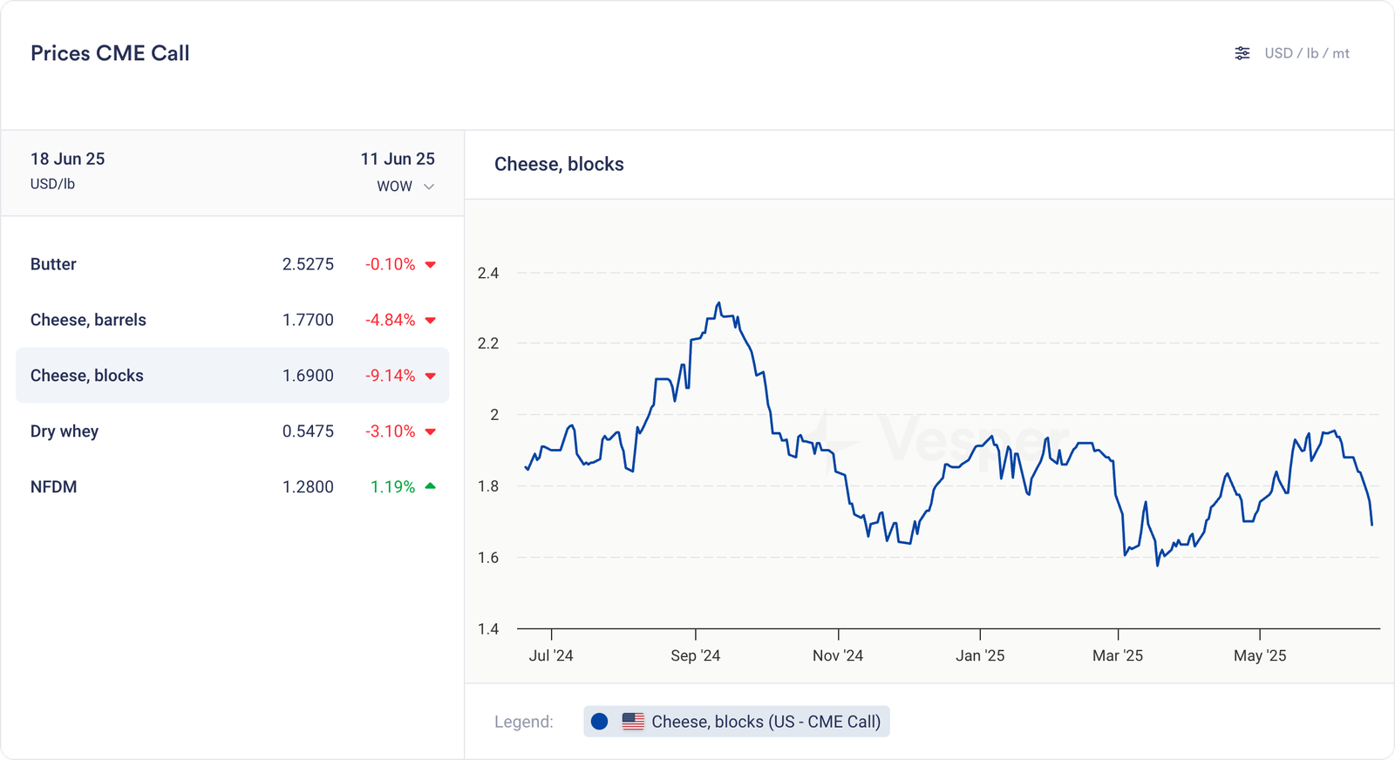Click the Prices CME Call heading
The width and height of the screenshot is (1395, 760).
coord(110,53)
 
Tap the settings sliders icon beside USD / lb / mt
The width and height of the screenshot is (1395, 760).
coord(1242,53)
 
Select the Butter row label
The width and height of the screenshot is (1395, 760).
coord(53,264)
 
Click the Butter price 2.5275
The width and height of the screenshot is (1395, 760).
coord(308,264)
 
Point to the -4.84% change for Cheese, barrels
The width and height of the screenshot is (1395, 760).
coord(390,320)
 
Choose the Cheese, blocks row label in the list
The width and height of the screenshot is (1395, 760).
coord(87,376)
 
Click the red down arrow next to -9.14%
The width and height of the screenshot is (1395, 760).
coord(430,376)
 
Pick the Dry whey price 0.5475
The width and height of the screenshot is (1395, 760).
coord(308,431)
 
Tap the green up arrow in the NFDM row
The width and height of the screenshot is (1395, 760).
coord(430,486)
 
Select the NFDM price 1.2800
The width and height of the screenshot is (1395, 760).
coord(308,487)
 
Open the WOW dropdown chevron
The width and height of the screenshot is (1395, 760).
coord(429,187)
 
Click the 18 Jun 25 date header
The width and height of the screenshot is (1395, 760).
coord(67,159)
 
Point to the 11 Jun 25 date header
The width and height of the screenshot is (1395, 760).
coord(398,159)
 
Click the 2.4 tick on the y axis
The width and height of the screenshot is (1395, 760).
coord(488,273)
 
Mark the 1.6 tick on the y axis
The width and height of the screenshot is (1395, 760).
coord(488,557)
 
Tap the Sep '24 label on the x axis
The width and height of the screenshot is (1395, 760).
coord(695,655)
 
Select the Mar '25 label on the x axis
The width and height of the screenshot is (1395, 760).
coord(1117,655)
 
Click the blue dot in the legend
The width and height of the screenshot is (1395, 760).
coord(599,722)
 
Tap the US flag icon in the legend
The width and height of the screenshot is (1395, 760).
coord(633,722)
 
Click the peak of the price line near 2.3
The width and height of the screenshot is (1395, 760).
coord(718,303)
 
